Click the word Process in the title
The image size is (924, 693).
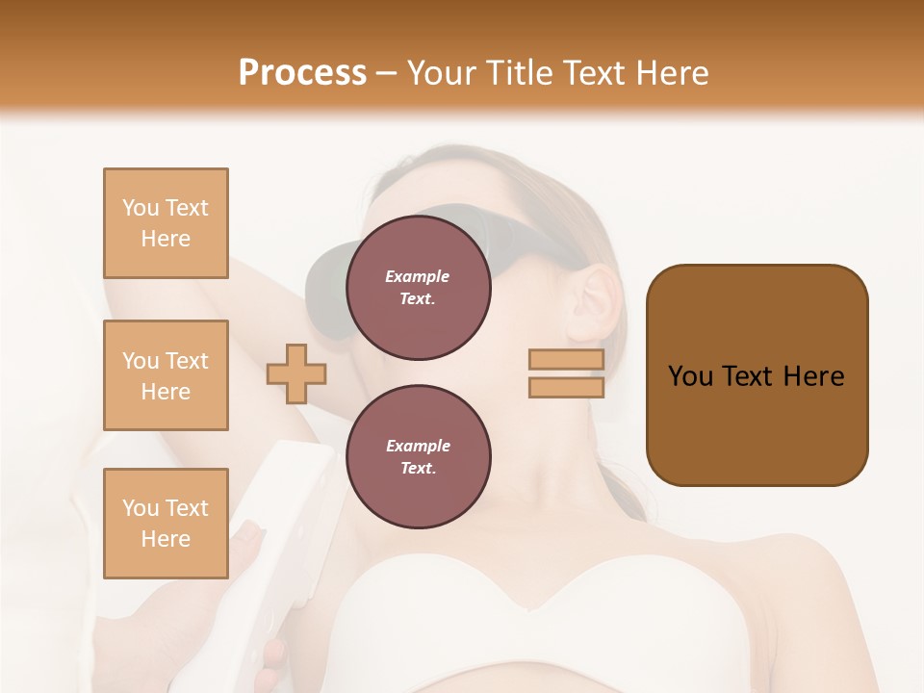pos(302,72)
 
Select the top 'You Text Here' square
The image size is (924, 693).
pos(166,223)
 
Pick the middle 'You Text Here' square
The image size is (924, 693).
pos(166,375)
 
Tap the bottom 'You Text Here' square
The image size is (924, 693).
pos(166,523)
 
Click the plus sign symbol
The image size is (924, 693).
pos(296,373)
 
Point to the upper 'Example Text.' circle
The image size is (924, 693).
pos(418,288)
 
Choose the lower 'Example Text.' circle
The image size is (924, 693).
pos(418,457)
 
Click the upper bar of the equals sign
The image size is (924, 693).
pos(566,360)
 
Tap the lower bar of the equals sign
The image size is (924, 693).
pos(566,387)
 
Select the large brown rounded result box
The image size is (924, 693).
pos(757,375)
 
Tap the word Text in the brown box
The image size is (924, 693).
pos(751,375)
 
